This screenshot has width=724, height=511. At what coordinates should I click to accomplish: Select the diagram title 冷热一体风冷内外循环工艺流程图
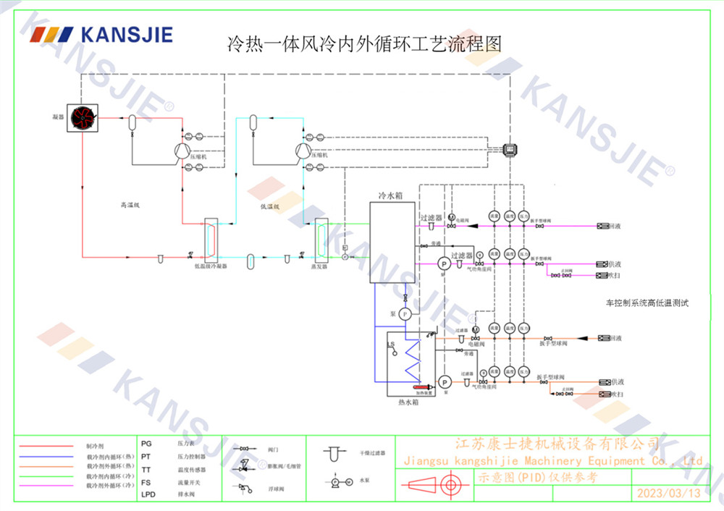(x=364, y=44)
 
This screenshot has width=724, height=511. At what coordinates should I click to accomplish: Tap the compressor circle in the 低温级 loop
(x=301, y=150)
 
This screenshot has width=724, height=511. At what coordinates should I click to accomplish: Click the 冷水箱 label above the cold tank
(x=391, y=195)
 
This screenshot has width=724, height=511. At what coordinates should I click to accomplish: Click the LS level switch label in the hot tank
(x=390, y=344)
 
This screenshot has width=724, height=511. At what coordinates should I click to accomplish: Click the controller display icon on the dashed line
(x=511, y=149)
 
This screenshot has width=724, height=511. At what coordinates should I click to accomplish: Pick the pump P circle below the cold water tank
(x=405, y=313)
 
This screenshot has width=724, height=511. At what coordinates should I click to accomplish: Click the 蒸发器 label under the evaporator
(x=319, y=266)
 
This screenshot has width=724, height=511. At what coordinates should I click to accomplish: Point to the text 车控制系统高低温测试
(x=647, y=303)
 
